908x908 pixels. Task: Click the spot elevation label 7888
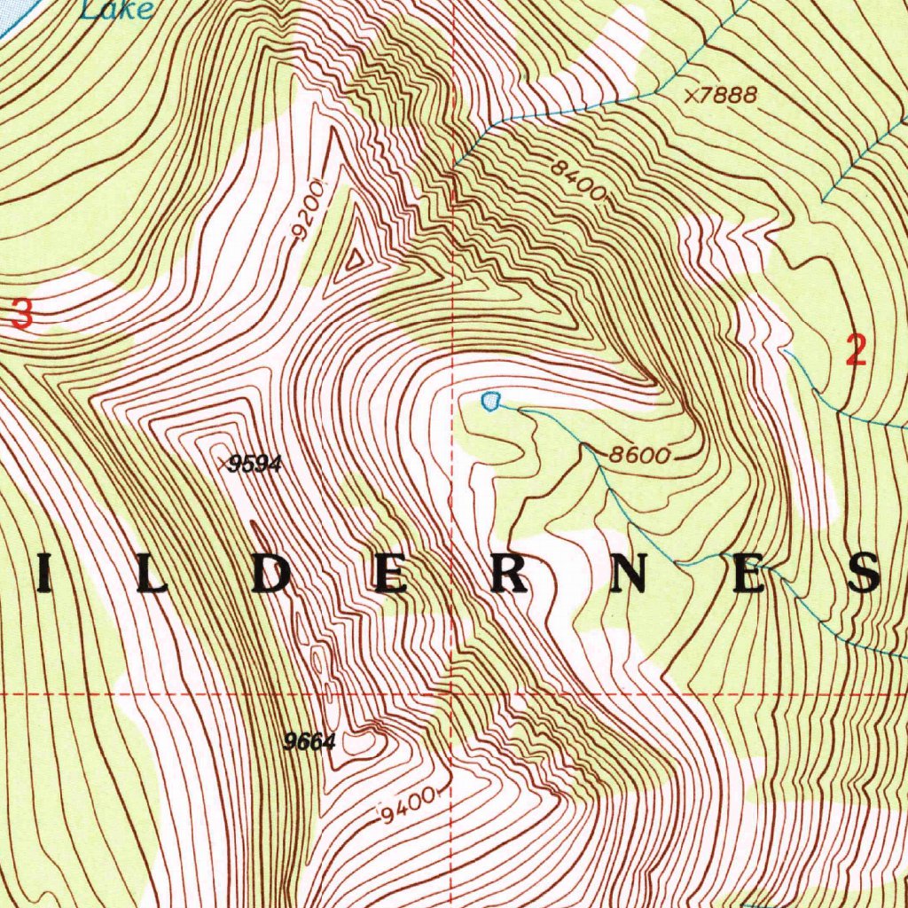[x=728, y=95]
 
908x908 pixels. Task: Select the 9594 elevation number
[x=254, y=464]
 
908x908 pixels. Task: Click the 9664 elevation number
[x=309, y=742]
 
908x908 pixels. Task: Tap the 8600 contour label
[x=638, y=456]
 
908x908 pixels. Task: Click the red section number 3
[x=22, y=316]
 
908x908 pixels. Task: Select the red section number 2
[x=855, y=351]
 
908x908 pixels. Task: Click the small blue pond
[x=490, y=402]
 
